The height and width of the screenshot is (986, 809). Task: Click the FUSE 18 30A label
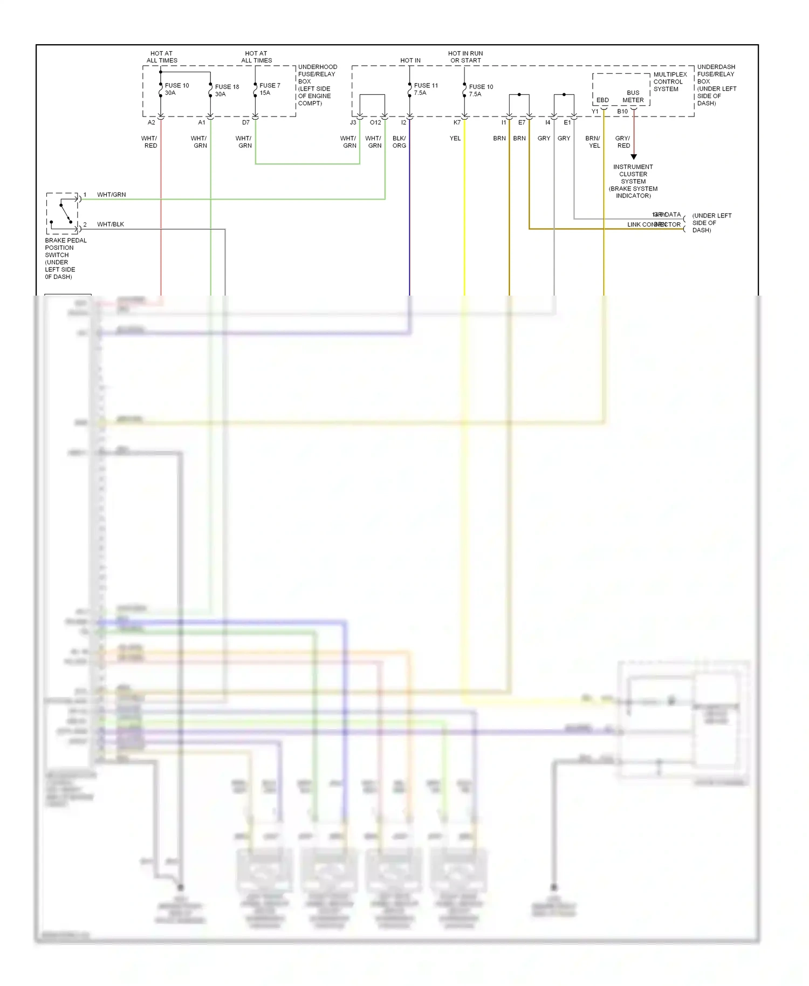(227, 90)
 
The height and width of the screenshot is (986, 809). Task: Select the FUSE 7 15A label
(270, 89)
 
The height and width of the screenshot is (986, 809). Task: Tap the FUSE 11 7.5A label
(426, 89)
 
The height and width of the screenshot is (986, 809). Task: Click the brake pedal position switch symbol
(63, 213)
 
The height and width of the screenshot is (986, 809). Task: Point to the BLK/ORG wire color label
(399, 142)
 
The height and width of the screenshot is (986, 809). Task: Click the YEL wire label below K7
(455, 139)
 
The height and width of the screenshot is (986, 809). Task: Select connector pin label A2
(152, 122)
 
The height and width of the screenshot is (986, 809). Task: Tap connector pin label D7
(246, 122)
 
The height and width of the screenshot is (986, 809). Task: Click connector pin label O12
(375, 122)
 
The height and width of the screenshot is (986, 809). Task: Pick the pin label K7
(457, 122)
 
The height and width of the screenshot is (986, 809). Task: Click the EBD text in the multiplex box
(602, 100)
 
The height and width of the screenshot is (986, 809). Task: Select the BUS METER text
(633, 97)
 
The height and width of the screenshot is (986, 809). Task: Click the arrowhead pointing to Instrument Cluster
(634, 156)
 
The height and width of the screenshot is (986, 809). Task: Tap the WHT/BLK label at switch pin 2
(111, 224)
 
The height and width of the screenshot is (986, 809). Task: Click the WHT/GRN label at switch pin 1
(112, 195)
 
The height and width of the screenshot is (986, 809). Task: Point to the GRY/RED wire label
(623, 142)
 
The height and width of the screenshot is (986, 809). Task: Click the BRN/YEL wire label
(593, 142)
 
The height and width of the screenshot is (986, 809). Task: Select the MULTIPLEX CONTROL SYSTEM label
(670, 82)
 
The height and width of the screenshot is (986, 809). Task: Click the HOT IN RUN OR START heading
(465, 57)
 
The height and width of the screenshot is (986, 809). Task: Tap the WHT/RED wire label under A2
(149, 142)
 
